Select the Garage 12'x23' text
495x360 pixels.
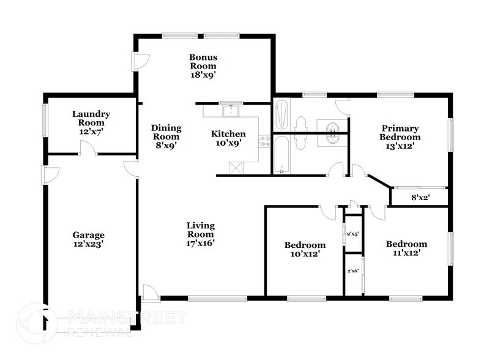(x=89, y=239)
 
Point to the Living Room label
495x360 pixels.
(x=201, y=233)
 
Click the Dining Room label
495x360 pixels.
(x=166, y=137)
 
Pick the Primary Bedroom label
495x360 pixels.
(x=400, y=137)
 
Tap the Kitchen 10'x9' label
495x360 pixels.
(x=228, y=138)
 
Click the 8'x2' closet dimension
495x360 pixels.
(x=419, y=198)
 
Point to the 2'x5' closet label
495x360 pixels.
(x=352, y=233)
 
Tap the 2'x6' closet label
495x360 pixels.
(x=352, y=271)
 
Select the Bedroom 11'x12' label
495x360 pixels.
(x=406, y=247)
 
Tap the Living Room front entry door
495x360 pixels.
(x=150, y=293)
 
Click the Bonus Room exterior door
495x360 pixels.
(x=141, y=60)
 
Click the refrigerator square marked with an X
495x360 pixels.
(x=236, y=167)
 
